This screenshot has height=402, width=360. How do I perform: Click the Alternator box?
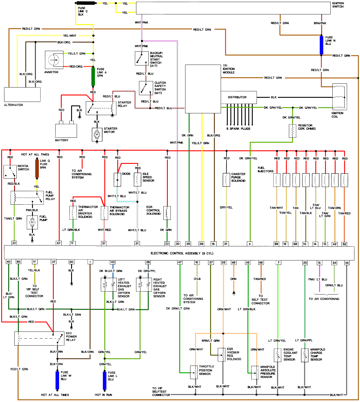[x=22, y=95]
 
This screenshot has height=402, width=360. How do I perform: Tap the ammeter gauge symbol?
[x=54, y=60]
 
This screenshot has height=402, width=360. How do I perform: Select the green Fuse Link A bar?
[x=93, y=77]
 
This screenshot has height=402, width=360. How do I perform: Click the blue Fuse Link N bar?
[x=322, y=45]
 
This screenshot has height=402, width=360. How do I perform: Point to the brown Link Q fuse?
[x=37, y=169]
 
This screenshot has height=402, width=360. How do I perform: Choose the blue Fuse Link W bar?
[x=57, y=381]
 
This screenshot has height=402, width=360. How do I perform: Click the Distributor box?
[x=239, y=97]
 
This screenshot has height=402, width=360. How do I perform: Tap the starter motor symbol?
[x=97, y=134]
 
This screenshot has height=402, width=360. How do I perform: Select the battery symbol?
[x=66, y=130]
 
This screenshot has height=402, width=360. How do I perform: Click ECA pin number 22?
[x=14, y=243]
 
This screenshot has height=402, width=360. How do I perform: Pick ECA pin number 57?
[x=59, y=243]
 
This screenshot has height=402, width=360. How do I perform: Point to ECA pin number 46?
[x=347, y=263]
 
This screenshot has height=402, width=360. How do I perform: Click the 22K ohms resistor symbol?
[x=292, y=131]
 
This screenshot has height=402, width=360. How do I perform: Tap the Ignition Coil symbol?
[x=339, y=97]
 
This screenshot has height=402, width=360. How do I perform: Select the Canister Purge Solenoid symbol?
[x=226, y=180]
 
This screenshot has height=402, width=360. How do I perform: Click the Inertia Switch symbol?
[x=10, y=171]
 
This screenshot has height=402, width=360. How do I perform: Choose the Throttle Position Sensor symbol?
[x=194, y=373]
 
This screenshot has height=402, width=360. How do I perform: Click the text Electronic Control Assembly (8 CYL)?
[x=182, y=253]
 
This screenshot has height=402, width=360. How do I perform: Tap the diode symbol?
[x=117, y=180]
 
